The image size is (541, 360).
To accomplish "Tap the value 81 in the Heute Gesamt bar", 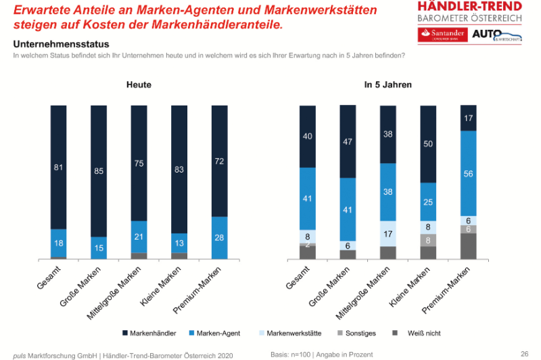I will pos(59,166).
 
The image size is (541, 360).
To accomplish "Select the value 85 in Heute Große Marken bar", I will pos(99,171).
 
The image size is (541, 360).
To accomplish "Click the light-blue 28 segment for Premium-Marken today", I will pos(219,238).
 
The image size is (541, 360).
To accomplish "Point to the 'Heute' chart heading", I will pos(139,85).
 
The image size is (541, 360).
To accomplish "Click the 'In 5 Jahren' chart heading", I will pos(387,85).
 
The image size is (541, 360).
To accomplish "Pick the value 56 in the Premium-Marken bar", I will pos(469,174).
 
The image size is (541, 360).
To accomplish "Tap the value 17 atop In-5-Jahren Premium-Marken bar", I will pos(469,118).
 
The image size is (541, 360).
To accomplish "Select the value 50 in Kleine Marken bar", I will pos(428,143).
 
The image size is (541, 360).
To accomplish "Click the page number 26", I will pos(524,353).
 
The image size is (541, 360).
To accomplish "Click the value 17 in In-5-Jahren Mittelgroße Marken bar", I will pos(388,233).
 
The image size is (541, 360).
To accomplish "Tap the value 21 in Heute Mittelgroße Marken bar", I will pos(139,236).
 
